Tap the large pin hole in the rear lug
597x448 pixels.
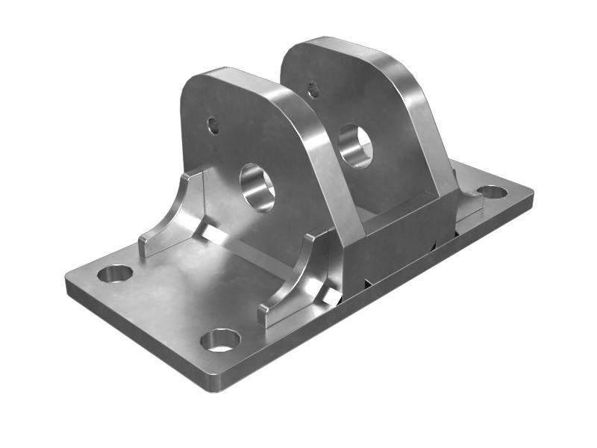click(354, 146)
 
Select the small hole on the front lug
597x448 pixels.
click(213, 124)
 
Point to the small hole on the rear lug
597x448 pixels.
click(313, 90)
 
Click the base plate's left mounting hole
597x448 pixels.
click(114, 273)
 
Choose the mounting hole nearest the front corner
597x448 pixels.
click(220, 340)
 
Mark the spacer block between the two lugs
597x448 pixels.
click(403, 231)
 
